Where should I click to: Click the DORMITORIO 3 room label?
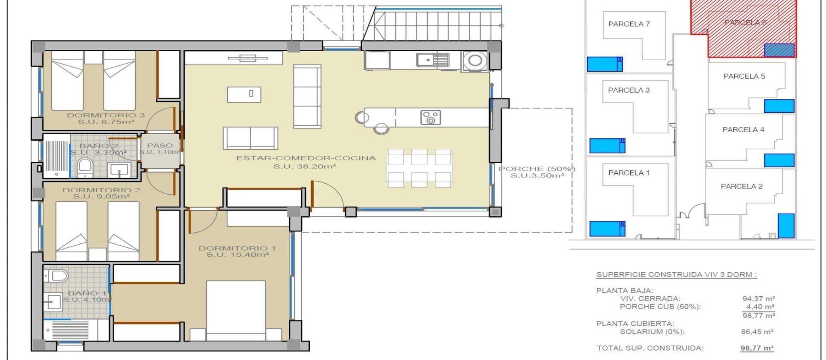105,115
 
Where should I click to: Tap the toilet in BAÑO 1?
56,275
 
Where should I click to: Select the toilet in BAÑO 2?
85,167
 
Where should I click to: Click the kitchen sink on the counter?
432,60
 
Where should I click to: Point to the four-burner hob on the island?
430,117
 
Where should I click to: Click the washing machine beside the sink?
475,61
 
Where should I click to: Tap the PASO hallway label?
160,145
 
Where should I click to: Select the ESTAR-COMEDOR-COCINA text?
305,158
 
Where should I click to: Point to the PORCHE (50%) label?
536,169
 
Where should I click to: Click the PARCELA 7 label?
629,24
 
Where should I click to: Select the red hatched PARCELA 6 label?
745,22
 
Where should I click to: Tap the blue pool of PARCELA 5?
779,106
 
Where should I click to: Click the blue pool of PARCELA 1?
607,228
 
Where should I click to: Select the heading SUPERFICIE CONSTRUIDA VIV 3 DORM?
676,275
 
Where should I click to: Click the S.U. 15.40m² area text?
237,255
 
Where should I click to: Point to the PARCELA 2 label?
741,186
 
